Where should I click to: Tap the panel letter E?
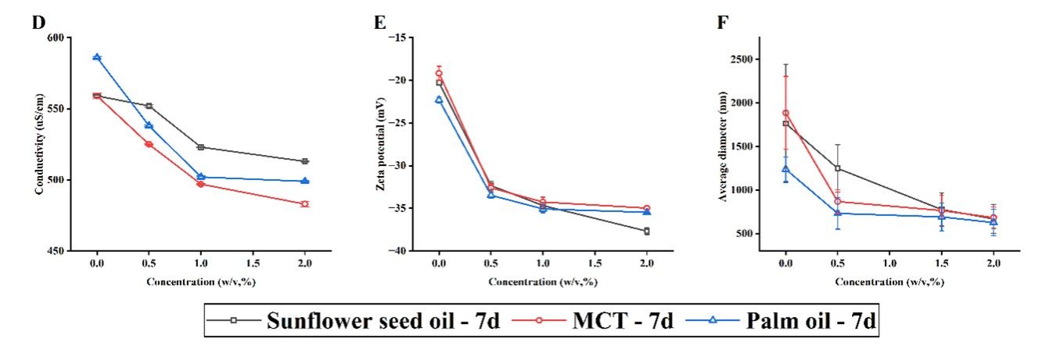380,22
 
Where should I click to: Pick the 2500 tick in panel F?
744,59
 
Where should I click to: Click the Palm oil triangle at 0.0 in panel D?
97,57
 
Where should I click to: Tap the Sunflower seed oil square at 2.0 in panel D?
305,161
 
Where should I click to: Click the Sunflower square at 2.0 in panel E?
646,231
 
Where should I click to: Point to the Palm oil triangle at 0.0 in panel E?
439,99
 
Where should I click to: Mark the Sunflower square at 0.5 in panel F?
838,168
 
